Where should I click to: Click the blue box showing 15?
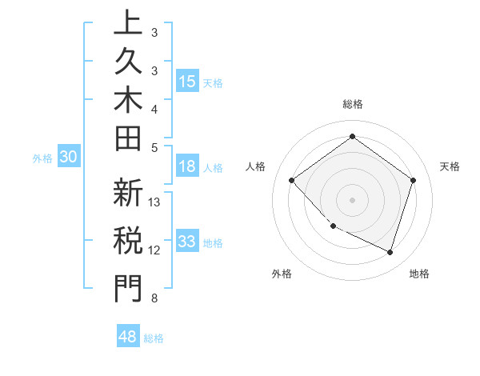tap(187, 81)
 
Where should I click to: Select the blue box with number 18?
tap(187, 166)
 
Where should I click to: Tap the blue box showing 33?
tap(187, 242)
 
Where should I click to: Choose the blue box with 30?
tap(69, 158)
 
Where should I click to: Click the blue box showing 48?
tap(128, 337)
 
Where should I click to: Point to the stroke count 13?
tap(155, 202)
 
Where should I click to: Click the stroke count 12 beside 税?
tap(155, 250)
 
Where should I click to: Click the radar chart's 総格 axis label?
tap(352, 104)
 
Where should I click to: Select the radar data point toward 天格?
tap(413, 180)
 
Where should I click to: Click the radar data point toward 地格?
tap(390, 252)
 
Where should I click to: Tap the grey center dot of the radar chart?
tap(352, 199)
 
